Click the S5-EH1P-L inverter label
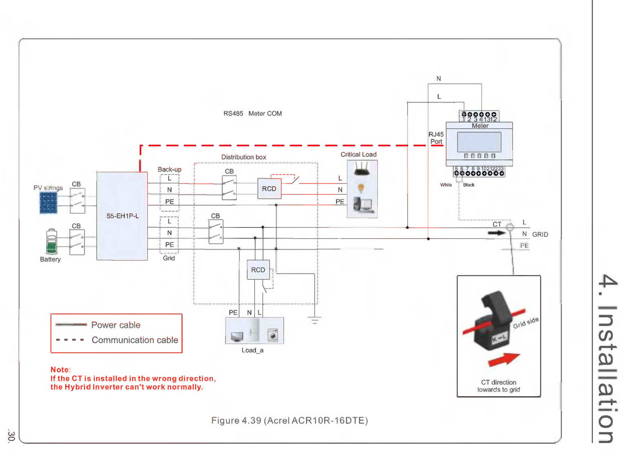122,216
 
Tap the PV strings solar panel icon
48,202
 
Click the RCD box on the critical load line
269,189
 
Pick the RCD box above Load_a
258,270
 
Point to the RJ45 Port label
436,138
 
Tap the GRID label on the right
540,235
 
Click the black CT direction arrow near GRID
495,233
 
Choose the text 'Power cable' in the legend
116,325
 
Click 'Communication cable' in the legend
134,340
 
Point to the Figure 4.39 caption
289,420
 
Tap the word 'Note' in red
60,370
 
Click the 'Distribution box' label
243,157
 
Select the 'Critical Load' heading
358,155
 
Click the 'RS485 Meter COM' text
253,113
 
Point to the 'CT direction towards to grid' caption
498,386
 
